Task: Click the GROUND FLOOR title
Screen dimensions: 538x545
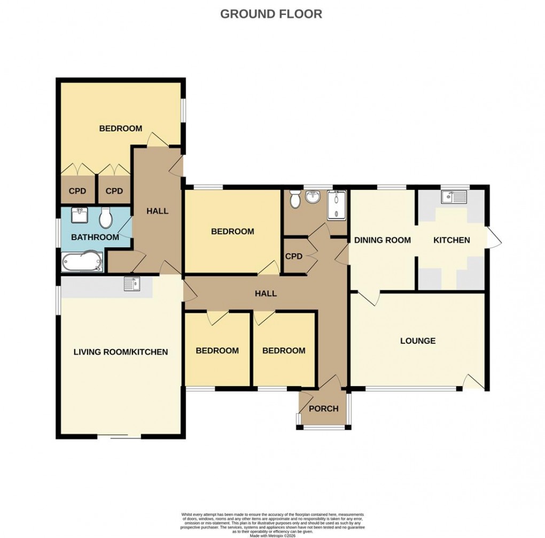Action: (271, 14)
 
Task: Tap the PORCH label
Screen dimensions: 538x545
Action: (324, 409)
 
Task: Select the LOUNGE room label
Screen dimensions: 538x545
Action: (418, 341)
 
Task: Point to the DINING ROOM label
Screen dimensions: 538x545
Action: (383, 240)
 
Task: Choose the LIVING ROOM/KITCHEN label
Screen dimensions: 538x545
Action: (121, 352)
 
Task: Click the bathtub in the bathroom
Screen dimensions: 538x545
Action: (82, 262)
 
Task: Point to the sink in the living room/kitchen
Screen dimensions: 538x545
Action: (132, 284)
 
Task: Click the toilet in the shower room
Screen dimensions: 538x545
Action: (293, 200)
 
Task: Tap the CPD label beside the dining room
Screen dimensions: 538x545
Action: (294, 256)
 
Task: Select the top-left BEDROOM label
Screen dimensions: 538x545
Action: (121, 128)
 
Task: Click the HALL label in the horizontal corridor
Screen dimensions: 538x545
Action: (266, 294)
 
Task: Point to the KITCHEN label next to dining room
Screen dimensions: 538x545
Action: (451, 240)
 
